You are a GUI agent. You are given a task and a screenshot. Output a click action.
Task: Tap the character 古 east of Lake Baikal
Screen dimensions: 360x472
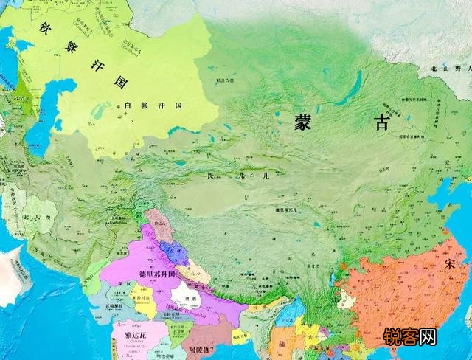381,122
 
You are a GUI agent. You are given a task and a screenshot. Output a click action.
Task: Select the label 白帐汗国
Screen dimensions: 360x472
153,106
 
